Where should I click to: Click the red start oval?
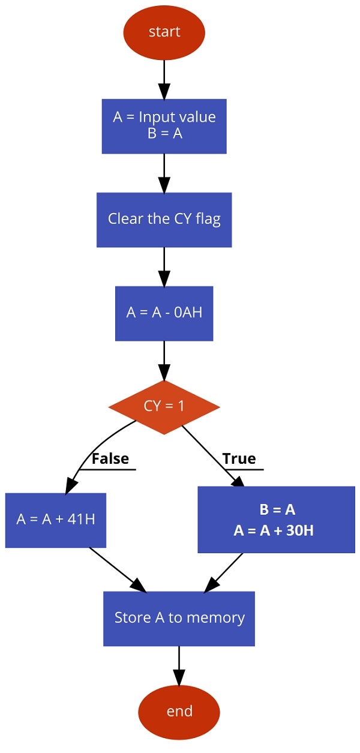click(x=164, y=32)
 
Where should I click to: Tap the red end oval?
click(x=179, y=712)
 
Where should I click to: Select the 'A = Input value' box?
click(x=164, y=126)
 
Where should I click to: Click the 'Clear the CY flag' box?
click(x=164, y=220)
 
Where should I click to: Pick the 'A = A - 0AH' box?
click(x=164, y=313)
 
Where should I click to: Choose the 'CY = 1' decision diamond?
click(x=164, y=407)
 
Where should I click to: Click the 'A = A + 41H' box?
click(x=56, y=520)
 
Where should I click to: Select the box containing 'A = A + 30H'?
click(x=275, y=520)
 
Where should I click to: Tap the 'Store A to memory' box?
click(x=179, y=618)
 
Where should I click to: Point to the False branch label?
click(x=110, y=459)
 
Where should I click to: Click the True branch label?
click(x=239, y=459)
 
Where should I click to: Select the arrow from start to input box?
click(x=164, y=78)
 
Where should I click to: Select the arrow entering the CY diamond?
click(x=164, y=360)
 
